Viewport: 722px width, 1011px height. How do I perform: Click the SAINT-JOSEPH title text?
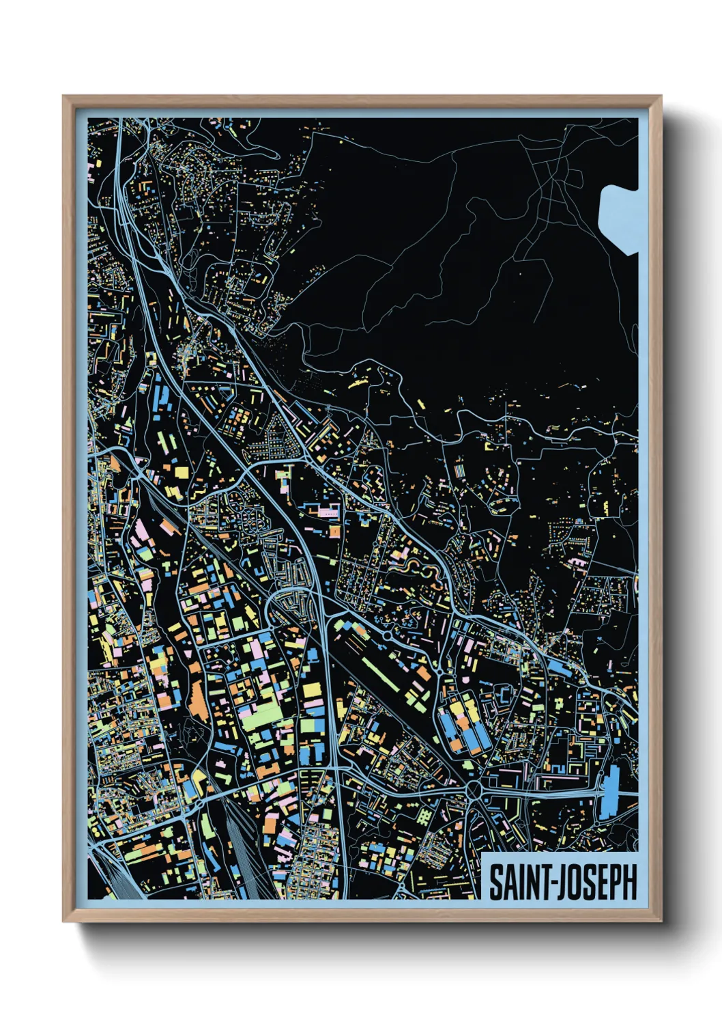[563, 882]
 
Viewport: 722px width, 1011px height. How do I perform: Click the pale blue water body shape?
[620, 217]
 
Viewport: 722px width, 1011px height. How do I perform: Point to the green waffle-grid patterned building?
[424, 816]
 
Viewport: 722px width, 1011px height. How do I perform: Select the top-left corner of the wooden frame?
[64, 97]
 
